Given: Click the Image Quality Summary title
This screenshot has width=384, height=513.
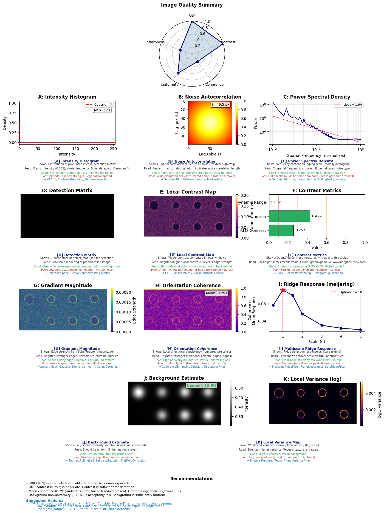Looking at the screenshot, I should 192,5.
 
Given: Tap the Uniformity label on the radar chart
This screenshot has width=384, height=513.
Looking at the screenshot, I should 170,85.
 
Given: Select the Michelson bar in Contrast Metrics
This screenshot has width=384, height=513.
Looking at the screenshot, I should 289,216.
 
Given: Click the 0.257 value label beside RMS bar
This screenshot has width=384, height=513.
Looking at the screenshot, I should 300,230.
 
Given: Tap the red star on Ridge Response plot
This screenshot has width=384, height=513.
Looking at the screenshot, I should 283,290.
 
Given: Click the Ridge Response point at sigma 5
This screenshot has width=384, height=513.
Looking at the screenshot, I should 360,330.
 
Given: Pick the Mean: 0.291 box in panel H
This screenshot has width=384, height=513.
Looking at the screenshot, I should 216,293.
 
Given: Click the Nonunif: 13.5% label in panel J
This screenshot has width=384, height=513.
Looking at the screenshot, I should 202,386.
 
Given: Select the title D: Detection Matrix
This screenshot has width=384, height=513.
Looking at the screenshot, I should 67,191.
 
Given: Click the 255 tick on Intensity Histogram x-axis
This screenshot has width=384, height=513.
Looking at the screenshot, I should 113,149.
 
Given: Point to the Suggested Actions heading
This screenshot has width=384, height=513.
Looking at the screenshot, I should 44,501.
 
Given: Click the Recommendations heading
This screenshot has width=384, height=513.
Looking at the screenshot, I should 192,479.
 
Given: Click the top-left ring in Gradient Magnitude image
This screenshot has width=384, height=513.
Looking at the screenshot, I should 29,299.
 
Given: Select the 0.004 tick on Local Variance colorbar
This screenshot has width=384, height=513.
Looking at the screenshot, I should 370,393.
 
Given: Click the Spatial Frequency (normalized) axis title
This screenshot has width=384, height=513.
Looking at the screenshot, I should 317,155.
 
